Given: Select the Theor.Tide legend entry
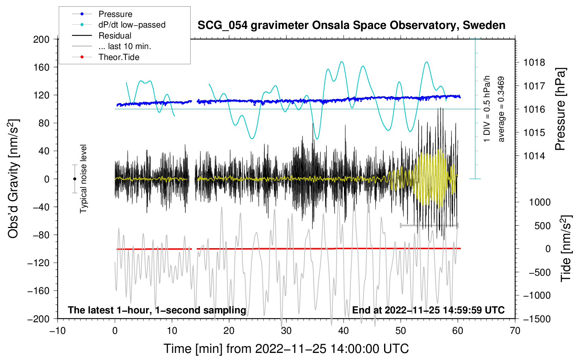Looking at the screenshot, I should (119, 57).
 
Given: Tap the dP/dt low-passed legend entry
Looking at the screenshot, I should (132, 25).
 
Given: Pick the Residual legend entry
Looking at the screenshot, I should (115, 36).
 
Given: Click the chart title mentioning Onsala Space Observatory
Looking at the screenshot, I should (351, 25).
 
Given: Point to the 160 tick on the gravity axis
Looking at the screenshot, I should (41, 67).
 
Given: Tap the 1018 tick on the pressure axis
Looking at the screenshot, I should (534, 63).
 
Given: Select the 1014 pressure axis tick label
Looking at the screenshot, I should (534, 156).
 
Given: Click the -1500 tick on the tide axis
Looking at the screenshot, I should (537, 319).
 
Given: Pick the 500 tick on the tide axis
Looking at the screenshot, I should (542, 226).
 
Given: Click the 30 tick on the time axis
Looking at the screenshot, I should (286, 331).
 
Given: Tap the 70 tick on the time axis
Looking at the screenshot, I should (515, 331).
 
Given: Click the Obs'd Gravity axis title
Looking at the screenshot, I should (13, 179).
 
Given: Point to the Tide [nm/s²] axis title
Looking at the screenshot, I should (566, 248).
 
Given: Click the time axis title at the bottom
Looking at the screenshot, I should (286, 349).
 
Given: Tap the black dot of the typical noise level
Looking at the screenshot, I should (74, 179).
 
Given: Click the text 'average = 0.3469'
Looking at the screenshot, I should (501, 109).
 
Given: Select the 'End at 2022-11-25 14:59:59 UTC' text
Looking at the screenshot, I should (428, 310).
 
